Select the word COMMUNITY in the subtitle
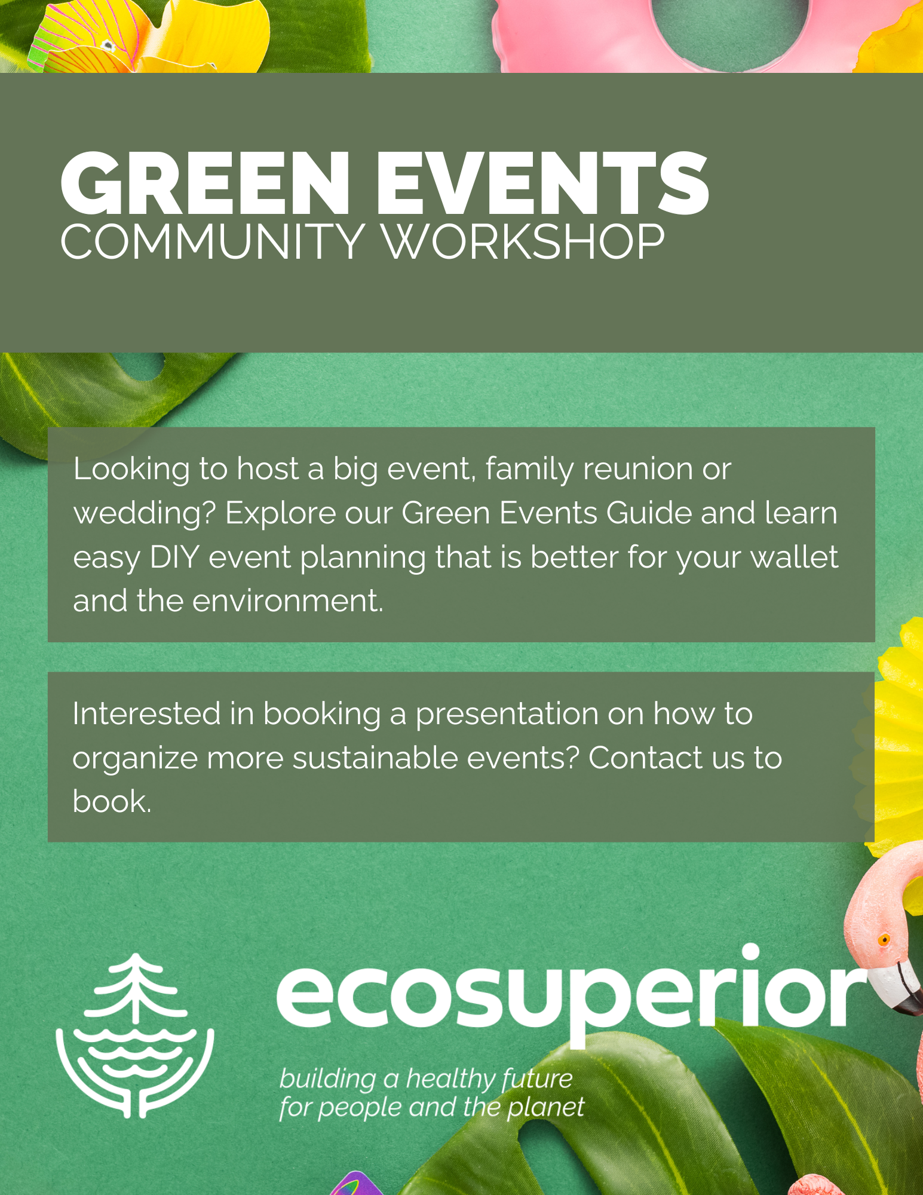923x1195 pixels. [213, 242]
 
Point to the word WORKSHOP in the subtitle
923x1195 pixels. [524, 242]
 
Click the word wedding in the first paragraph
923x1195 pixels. [145, 514]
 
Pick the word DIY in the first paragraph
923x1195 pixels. [174, 557]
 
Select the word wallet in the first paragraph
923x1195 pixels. [795, 557]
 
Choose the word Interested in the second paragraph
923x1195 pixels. [147, 713]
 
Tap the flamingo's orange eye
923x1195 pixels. [884, 940]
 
